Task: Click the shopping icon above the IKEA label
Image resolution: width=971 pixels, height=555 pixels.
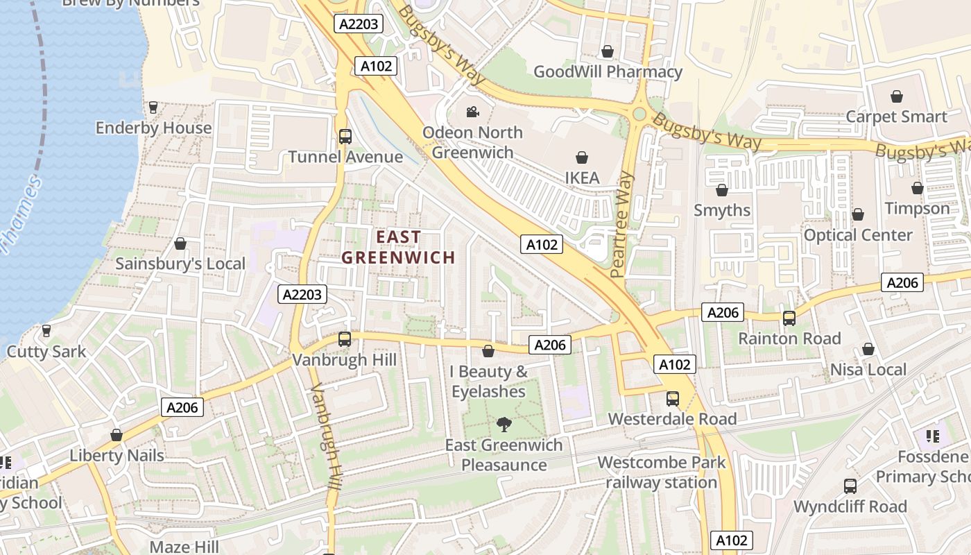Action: tap(581, 158)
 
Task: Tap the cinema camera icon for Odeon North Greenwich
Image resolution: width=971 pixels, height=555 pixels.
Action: tap(472, 112)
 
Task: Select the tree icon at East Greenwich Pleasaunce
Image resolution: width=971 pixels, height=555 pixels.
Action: tap(504, 424)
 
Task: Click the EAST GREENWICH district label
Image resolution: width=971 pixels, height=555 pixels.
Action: tap(398, 247)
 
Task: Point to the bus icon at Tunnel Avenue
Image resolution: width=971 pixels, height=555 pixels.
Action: tap(345, 137)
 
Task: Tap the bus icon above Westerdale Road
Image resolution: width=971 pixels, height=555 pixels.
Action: tap(672, 399)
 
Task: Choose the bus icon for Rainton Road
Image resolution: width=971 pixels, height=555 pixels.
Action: tap(789, 318)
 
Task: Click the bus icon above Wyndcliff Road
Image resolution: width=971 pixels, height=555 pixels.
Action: tap(850, 486)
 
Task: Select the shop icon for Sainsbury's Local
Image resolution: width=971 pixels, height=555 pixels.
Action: tap(180, 244)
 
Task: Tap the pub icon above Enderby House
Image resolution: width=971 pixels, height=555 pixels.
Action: tap(153, 108)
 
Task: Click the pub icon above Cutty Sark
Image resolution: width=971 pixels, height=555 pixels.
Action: tap(46, 331)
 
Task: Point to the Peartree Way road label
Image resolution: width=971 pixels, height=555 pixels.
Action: tap(623, 225)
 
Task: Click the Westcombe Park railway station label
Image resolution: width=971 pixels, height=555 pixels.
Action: tap(661, 472)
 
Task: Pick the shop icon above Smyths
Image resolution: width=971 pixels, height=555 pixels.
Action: tap(721, 190)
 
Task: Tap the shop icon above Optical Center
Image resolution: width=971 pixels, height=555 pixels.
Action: tap(857, 215)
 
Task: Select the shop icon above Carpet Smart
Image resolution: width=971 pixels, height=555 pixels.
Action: tap(896, 96)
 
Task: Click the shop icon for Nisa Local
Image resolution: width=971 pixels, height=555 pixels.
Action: tap(868, 350)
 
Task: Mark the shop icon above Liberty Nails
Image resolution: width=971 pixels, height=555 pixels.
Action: tap(117, 436)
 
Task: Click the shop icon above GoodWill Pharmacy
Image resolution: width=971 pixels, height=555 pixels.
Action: tap(608, 51)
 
